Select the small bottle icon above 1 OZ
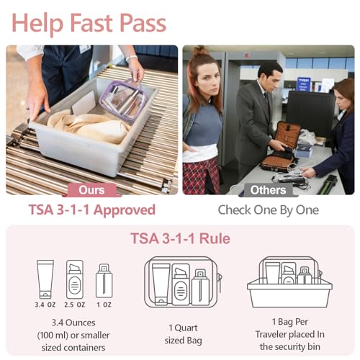pos(104,282)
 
